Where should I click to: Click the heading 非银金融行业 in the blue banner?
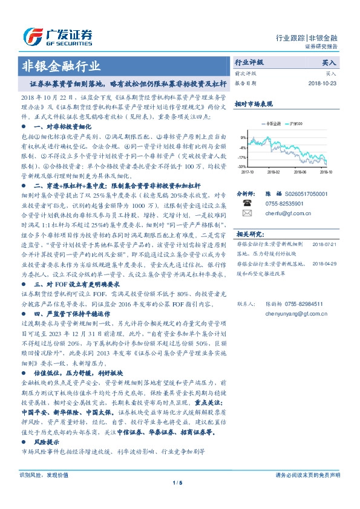[x=61, y=66]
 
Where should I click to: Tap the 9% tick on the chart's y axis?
[x=243, y=137]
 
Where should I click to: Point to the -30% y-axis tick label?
[x=242, y=166]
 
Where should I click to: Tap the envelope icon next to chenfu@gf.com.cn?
[x=246, y=213]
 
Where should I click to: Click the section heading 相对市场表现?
[x=252, y=104]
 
